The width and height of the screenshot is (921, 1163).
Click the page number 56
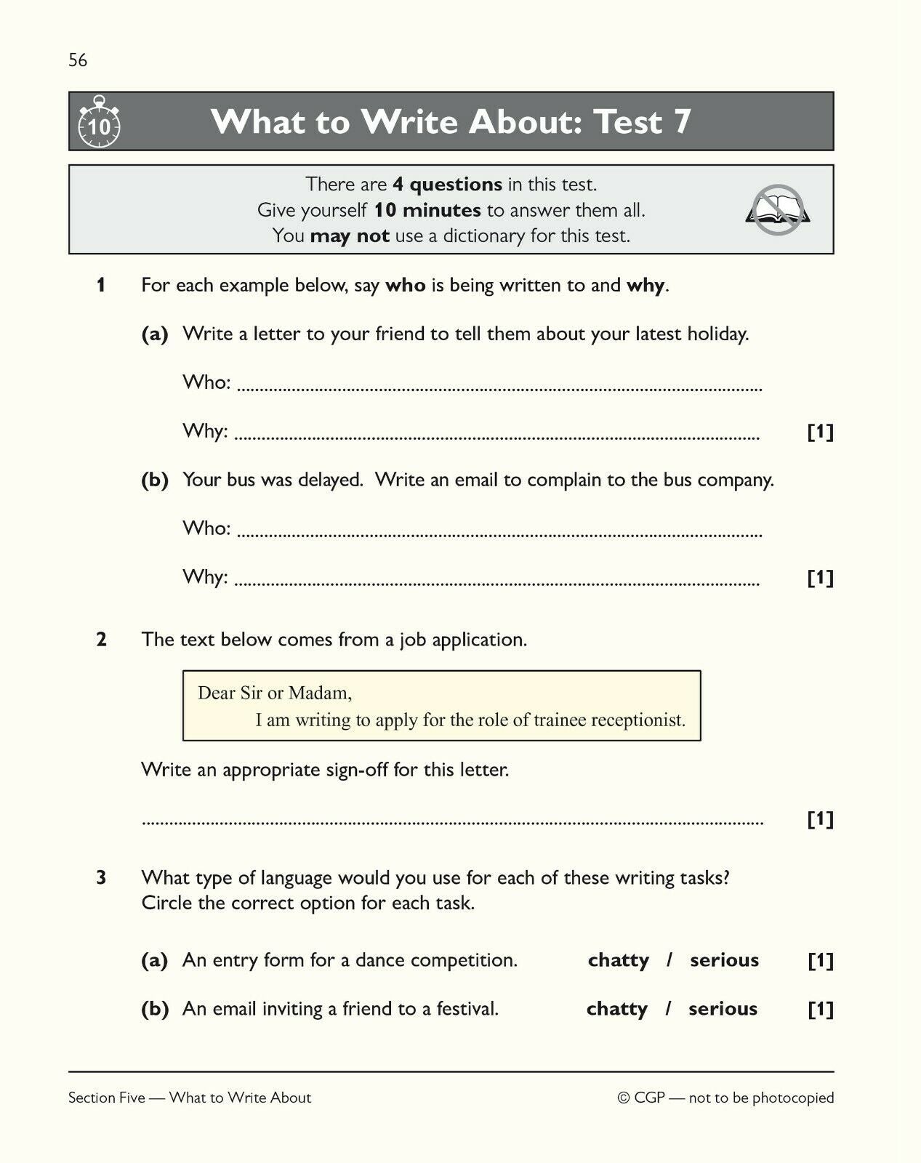[78, 60]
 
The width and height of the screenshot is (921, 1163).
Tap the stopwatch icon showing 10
[99, 123]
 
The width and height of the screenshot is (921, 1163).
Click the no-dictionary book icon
[777, 210]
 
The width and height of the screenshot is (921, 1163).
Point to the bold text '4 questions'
[447, 185]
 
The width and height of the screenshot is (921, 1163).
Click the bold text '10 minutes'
[427, 210]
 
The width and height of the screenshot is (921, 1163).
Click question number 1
[101, 286]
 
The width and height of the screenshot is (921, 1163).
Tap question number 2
[101, 640]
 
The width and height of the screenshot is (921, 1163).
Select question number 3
[101, 878]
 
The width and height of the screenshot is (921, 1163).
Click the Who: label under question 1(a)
[206, 382]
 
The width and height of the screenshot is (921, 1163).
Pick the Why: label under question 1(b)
[205, 577]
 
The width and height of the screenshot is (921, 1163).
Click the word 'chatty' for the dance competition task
[618, 960]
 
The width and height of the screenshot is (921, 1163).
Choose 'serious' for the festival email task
[723, 1009]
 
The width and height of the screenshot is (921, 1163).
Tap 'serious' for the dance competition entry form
[724, 960]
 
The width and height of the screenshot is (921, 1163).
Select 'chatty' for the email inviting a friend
[616, 1009]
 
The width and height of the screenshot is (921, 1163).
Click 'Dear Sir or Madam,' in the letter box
[275, 693]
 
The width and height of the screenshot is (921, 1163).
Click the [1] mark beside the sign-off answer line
[820, 819]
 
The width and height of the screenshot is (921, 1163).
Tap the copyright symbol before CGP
[623, 1098]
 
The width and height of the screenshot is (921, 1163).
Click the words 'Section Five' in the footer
[107, 1098]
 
